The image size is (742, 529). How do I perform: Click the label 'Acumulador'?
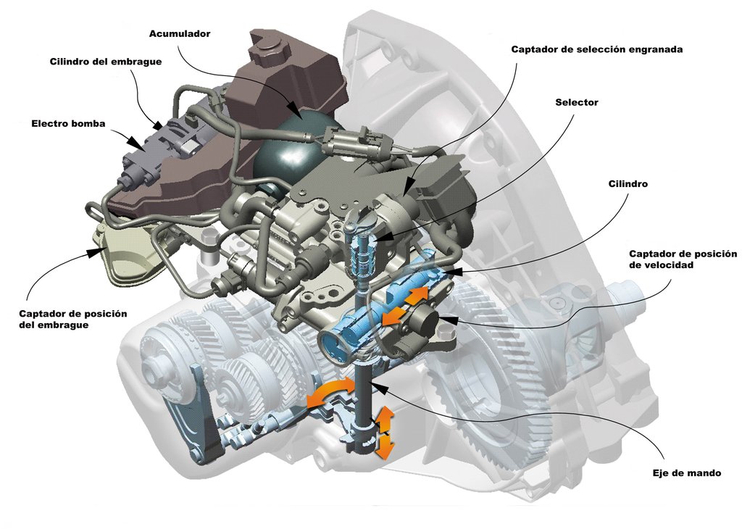click(180, 33)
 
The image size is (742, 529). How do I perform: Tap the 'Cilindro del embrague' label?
click(105, 62)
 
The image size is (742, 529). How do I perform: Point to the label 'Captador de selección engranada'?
click(597, 49)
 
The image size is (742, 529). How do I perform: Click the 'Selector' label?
click(576, 102)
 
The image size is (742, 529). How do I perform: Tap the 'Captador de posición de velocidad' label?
click(682, 259)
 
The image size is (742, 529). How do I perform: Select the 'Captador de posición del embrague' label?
click(73, 319)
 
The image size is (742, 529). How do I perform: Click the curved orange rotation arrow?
click(330, 393)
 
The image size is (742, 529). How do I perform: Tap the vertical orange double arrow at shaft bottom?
click(384, 433)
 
